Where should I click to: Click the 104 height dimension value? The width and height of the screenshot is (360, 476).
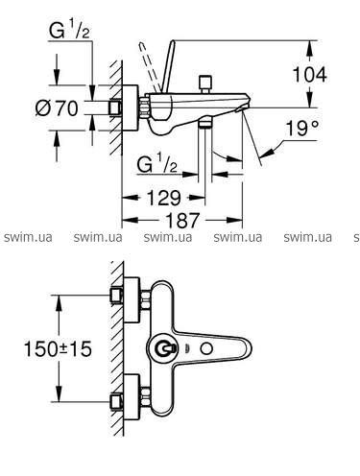coord(309,74)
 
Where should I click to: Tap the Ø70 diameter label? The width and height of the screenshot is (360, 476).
coord(57,107)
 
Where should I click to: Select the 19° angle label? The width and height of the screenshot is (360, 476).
coord(301,128)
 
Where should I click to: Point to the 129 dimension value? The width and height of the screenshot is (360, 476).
coord(163,198)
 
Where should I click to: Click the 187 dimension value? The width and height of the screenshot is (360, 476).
coord(182,220)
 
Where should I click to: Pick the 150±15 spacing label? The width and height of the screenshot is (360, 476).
coord(58,348)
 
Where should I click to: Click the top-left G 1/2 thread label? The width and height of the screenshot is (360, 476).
coord(69,31)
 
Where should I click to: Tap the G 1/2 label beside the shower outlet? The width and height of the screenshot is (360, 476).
coord(156,164)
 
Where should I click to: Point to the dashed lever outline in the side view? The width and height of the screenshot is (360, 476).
coord(150,66)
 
